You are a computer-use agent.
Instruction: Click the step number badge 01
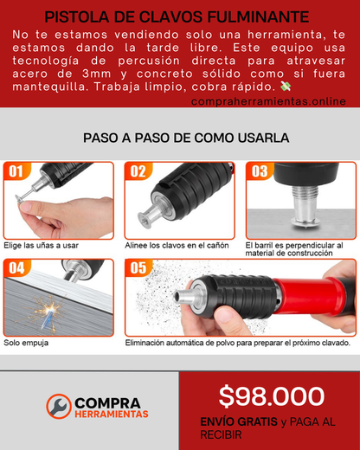click(16, 171)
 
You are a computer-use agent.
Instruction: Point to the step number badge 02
click(138, 171)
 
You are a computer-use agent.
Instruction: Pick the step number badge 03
click(259, 171)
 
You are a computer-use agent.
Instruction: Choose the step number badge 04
click(16, 268)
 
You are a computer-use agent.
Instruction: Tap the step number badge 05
click(138, 268)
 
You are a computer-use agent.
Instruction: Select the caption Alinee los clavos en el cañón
click(177, 245)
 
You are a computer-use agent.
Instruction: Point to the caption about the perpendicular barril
click(294, 249)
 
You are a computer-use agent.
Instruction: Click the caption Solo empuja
click(26, 343)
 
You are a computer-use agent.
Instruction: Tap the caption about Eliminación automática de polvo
click(237, 343)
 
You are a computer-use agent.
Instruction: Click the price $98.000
click(271, 396)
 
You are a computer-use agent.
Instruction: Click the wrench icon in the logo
click(59, 406)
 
